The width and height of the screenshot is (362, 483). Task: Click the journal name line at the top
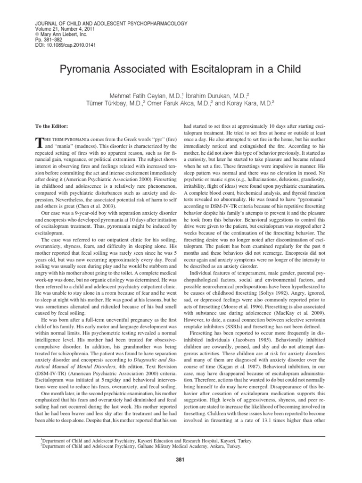coord(110,23)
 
